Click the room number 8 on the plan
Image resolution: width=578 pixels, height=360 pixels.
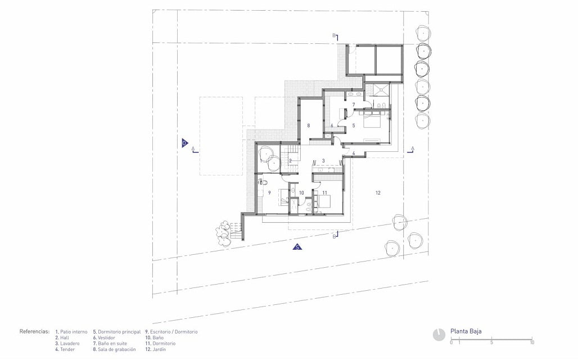[309, 125]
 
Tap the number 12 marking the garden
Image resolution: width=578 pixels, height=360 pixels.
[378, 193]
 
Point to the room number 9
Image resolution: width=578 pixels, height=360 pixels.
[269, 192]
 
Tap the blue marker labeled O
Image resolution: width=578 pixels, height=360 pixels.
[184, 143]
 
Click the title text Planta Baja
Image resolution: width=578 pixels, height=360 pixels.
[466, 331]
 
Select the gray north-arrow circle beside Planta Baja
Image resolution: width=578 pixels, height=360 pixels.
[439, 334]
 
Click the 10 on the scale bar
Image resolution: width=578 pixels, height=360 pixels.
[531, 343]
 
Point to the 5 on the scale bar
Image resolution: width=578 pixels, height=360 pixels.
[491, 343]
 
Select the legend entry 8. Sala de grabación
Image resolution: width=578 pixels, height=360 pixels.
[114, 349]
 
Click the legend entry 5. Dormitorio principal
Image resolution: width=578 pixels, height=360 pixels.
[116, 332]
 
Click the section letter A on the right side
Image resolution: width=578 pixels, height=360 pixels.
[412, 148]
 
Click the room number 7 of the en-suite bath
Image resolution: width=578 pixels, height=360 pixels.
[353, 105]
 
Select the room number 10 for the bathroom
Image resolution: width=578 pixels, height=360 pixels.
[301, 192]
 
